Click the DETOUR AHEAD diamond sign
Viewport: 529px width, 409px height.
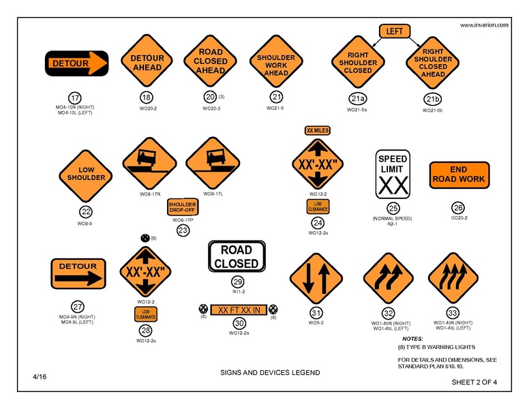coord(147,63)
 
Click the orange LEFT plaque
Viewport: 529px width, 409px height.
coord(394,31)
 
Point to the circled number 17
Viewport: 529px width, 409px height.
coord(76,97)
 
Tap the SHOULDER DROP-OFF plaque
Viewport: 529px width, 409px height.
coord(182,207)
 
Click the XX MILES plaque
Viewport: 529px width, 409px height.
coord(317,130)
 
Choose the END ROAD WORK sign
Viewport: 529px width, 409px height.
coord(458,175)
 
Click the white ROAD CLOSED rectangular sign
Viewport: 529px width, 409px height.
coord(237,256)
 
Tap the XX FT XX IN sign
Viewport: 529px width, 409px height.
coord(238,310)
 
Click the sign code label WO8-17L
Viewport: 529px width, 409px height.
coord(209,194)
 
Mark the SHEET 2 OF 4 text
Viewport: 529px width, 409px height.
coord(474,382)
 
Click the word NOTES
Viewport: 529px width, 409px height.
coord(412,339)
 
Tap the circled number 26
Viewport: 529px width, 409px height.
coord(458,207)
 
